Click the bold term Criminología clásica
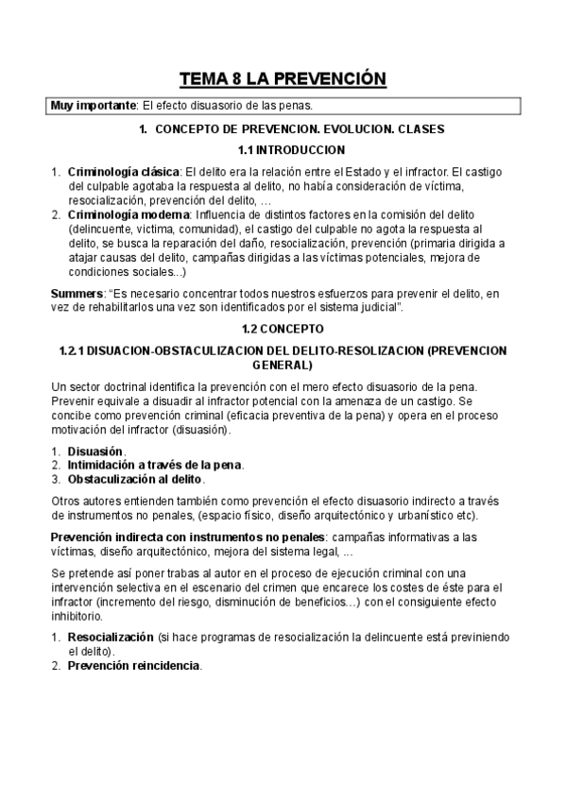123,171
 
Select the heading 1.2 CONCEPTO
283,329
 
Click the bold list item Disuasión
95,452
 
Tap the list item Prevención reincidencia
133,665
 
